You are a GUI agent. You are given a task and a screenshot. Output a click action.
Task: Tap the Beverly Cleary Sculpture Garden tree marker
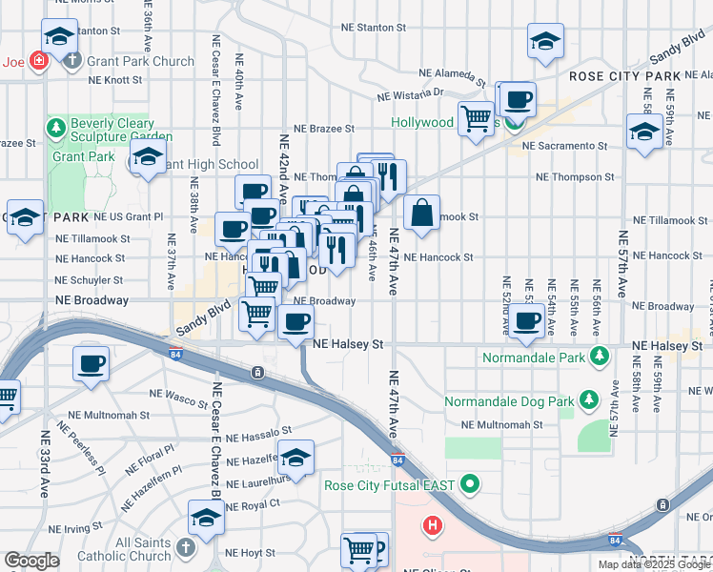(56, 126)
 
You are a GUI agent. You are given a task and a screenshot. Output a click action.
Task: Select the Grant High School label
(211, 164)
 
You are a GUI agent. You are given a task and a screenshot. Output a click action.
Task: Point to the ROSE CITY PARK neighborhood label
(625, 75)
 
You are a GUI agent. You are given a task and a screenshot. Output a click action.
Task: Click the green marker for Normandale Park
(599, 356)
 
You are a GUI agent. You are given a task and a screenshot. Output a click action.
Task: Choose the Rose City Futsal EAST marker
(467, 485)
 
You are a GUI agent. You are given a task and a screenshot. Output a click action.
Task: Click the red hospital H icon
(433, 524)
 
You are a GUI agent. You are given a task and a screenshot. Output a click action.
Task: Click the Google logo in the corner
(31, 562)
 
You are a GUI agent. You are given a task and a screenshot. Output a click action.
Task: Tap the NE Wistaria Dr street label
(411, 94)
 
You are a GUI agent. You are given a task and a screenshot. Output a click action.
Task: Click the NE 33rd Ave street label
(45, 463)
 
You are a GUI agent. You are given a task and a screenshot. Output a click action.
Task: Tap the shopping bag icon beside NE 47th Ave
(421, 213)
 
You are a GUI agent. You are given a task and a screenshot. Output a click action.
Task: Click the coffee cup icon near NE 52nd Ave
(526, 320)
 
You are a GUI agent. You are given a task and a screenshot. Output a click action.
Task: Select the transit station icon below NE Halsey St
(257, 373)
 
